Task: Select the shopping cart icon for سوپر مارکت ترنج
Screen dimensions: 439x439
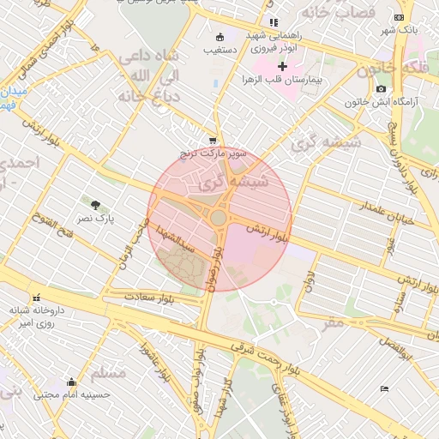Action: [213, 141]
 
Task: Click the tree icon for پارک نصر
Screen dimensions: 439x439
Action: [94, 205]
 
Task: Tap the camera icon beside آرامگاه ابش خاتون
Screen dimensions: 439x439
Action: [381, 88]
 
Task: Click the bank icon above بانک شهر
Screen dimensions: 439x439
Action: [399, 17]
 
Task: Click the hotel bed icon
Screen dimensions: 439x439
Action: [384, 389]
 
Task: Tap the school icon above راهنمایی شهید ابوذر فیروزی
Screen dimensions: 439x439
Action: [274, 22]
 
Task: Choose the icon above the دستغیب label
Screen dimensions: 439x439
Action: [220, 37]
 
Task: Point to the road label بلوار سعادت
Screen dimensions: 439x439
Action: [149, 296]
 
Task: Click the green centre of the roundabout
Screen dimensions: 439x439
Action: [219, 218]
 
